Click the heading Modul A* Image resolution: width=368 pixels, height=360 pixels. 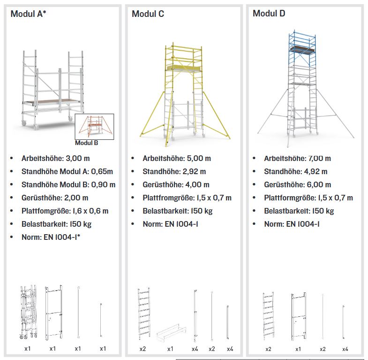pyautogui.click(x=28, y=14)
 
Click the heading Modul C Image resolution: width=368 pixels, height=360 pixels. pyautogui.click(x=148, y=14)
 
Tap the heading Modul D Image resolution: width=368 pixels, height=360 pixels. pyautogui.click(x=269, y=14)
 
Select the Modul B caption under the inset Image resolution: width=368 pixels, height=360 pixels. pyautogui.click(x=86, y=143)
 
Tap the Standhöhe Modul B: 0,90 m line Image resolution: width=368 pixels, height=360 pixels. pyautogui.click(x=68, y=184)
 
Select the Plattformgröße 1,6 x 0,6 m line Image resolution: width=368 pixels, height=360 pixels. pyautogui.click(x=65, y=211)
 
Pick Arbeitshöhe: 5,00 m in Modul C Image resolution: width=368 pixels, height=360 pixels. pyautogui.click(x=177, y=159)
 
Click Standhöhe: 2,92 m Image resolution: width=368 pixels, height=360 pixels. pyautogui.click(x=174, y=172)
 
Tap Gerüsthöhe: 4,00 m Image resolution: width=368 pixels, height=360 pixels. pyautogui.click(x=176, y=184)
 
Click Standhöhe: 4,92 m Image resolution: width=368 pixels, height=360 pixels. pyautogui.click(x=295, y=172)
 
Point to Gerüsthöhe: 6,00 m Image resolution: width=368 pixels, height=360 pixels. pyautogui.click(x=297, y=184)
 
